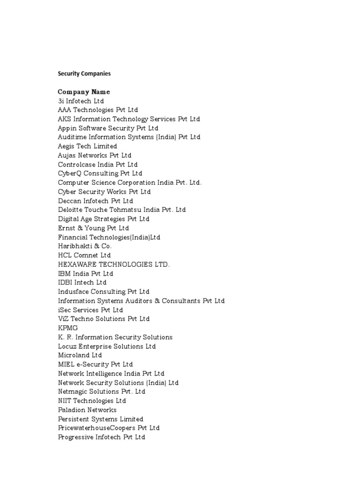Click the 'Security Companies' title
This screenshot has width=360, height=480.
(x=84, y=74)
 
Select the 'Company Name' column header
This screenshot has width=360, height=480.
(x=84, y=92)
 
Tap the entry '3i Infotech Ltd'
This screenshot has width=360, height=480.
(x=81, y=101)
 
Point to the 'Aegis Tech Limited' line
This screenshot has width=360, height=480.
(x=87, y=146)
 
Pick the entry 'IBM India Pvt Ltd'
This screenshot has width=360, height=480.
(x=85, y=273)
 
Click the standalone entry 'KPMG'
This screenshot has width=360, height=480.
(x=68, y=328)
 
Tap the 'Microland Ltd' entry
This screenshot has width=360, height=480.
(x=80, y=355)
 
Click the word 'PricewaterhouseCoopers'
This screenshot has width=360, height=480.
(x=97, y=428)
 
